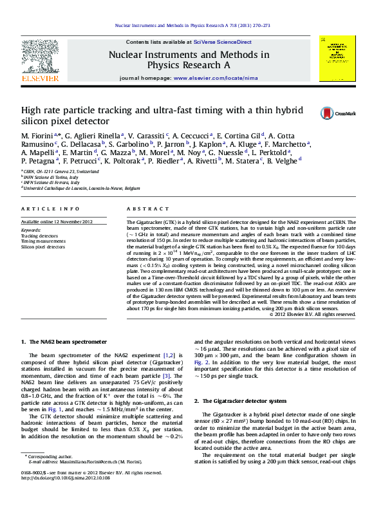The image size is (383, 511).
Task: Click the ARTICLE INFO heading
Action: [x=42, y=209]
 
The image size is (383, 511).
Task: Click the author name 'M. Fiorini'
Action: [x=37, y=135]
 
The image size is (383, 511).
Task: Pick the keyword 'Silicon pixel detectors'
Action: [x=43, y=246]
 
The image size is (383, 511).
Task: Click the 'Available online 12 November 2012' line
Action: [x=57, y=221]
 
